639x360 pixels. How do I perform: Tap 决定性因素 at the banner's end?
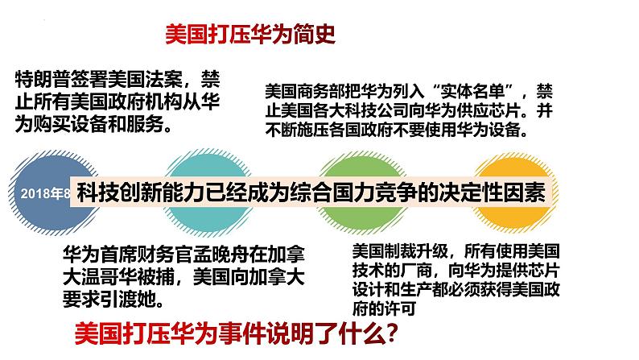point(500,195)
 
